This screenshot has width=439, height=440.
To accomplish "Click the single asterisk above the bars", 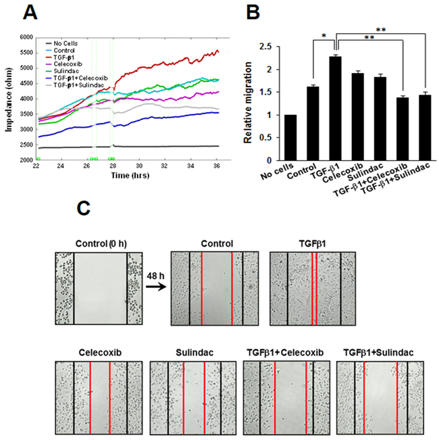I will [x=324, y=33].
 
